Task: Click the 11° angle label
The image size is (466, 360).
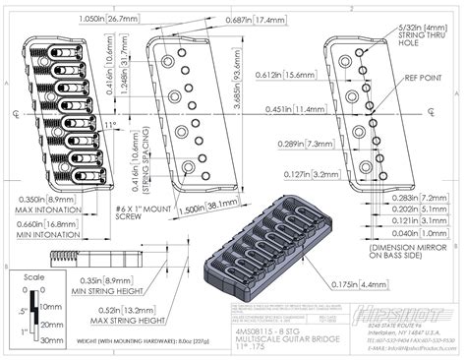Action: (109, 124)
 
